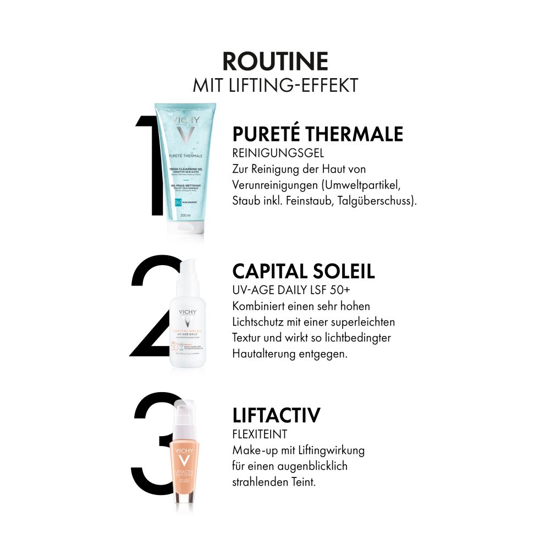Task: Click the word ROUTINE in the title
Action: click(275, 62)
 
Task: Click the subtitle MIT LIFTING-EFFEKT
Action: click(275, 85)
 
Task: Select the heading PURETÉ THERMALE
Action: click(318, 134)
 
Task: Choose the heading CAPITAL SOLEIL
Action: click(304, 271)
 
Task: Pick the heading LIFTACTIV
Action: click(276, 415)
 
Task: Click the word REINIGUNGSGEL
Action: click(278, 153)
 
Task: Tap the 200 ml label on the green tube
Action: click(185, 216)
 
